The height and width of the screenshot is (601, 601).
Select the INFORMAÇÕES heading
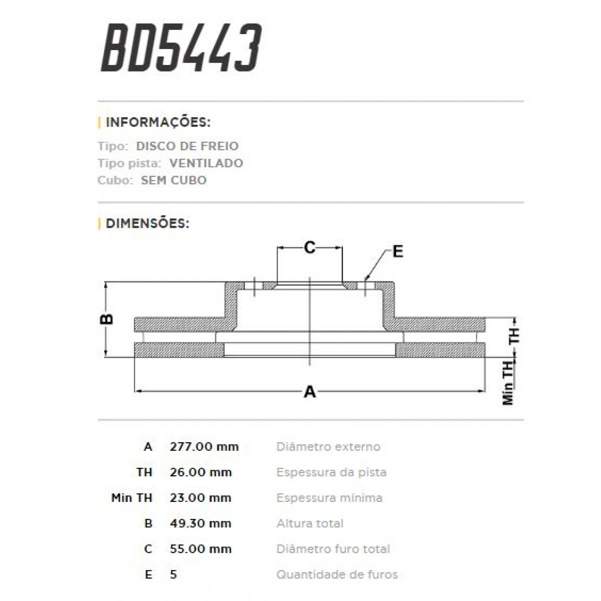158,122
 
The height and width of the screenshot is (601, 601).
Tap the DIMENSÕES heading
147,223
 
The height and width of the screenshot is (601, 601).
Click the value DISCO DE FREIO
187,146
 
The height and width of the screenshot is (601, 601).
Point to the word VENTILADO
206,163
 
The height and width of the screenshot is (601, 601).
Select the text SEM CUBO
173,180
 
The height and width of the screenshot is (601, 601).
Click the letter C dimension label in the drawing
310,247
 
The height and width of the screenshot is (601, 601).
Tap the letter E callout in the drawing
398,251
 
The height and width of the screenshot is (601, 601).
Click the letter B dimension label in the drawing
107,319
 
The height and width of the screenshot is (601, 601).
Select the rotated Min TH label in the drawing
508,383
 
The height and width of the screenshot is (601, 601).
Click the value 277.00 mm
204,447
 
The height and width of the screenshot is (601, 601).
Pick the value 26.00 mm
201,472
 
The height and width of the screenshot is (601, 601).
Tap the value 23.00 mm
201,498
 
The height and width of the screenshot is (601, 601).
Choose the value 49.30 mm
201,523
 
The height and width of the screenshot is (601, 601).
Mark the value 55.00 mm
201,549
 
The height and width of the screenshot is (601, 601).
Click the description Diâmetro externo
328,447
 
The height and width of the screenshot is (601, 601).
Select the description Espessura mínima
329,498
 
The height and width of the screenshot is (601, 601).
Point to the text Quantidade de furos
337,574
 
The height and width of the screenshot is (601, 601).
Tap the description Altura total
310,523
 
